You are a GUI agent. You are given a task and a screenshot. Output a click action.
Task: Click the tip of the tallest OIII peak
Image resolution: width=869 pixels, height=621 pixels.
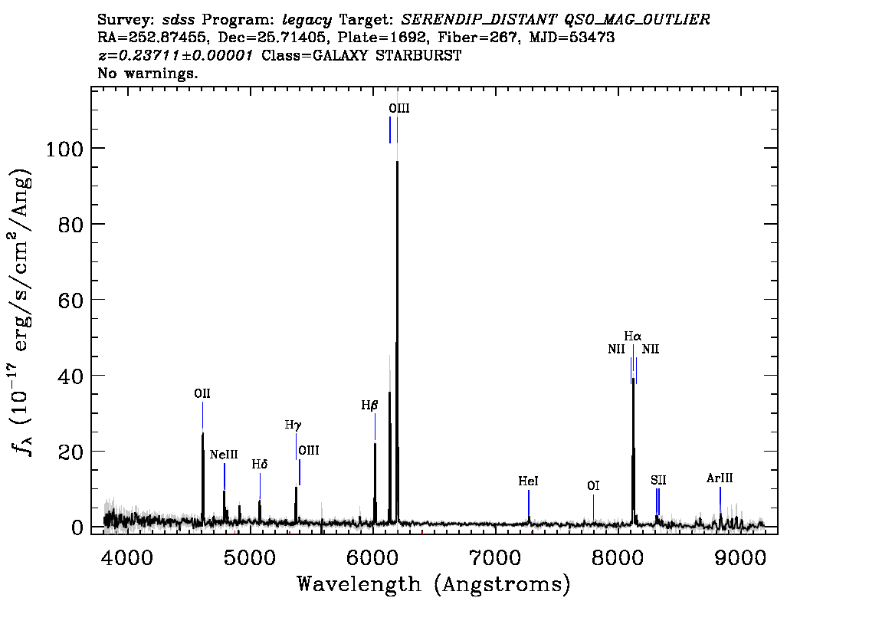[398, 161]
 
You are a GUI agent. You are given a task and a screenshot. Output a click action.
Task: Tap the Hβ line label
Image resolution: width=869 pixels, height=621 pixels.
[369, 406]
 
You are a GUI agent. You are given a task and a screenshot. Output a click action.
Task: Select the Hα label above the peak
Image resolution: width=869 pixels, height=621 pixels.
[633, 336]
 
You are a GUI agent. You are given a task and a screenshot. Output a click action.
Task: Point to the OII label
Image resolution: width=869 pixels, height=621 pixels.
[202, 393]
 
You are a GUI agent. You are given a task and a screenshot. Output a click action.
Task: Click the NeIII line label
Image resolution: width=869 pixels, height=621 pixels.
[224, 455]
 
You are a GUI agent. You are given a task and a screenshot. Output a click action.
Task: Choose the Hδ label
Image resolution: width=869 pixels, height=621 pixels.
[260, 464]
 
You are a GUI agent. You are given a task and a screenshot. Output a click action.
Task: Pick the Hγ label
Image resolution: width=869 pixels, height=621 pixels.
[293, 426]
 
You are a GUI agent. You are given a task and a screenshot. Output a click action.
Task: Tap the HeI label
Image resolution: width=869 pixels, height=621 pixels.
[528, 481]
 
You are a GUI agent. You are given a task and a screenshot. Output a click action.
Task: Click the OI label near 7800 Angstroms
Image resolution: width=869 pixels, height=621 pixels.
[593, 486]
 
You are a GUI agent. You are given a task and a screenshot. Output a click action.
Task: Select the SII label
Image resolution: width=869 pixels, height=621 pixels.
[658, 480]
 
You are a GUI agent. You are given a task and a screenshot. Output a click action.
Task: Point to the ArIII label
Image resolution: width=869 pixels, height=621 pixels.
[720, 478]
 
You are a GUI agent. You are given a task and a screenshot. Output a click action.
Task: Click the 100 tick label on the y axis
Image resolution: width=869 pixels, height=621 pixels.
[64, 149]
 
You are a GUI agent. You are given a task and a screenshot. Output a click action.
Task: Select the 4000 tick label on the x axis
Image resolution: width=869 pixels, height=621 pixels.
[127, 557]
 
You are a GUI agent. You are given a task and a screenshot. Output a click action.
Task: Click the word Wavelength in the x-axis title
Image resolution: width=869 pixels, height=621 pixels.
[359, 584]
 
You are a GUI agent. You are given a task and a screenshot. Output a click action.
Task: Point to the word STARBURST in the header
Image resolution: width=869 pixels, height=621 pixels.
[418, 55]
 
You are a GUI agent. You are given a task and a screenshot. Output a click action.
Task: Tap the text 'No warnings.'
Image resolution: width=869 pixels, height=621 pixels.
[147, 73]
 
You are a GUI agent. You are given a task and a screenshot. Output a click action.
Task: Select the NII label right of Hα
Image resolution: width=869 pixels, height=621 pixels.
[651, 350]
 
